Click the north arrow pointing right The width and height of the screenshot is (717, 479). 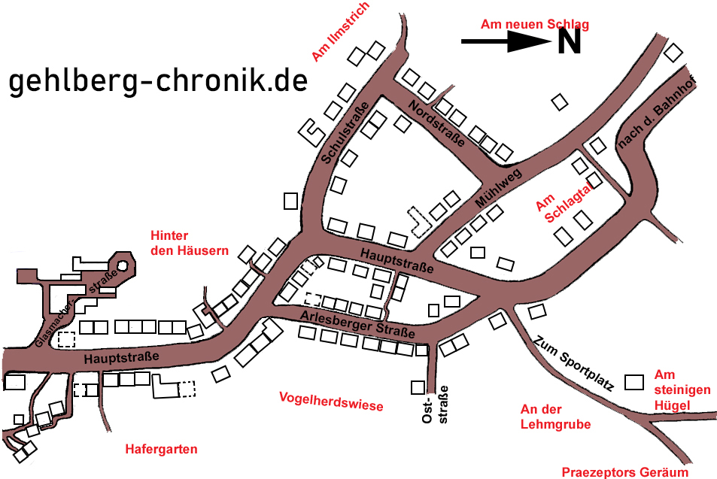506,43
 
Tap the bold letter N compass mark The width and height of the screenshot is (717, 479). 569,42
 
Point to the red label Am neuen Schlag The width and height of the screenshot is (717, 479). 534,25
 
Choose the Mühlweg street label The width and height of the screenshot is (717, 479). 498,189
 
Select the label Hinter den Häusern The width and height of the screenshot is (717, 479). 189,243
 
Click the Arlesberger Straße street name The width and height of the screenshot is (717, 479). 357,324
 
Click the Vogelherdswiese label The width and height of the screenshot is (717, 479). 330,401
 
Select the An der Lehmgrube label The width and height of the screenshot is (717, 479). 555,417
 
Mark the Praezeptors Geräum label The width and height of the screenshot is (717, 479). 624,472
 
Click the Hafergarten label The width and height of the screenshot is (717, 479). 161,449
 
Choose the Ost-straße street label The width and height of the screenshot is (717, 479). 436,405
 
